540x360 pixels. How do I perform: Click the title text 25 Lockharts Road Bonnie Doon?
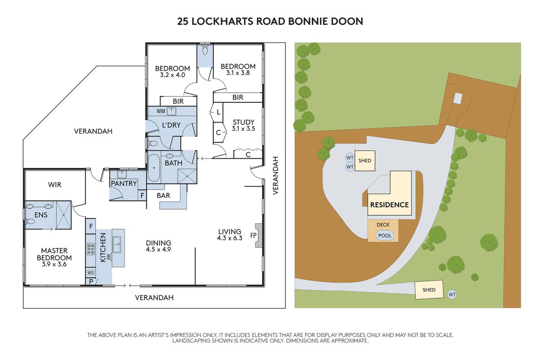point(270,21)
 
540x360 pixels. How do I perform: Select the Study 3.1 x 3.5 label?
point(243,125)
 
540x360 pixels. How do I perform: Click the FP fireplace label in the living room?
point(253,235)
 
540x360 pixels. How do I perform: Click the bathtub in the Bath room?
point(154,168)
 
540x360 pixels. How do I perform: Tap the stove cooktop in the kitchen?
point(90,249)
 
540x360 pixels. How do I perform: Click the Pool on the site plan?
point(384,235)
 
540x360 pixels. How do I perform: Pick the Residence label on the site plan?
point(389,205)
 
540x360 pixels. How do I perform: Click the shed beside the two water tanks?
point(364,161)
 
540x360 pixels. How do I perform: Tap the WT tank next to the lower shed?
point(452,294)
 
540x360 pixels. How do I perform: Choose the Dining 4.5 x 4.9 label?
point(158,245)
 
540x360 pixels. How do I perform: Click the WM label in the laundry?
point(160,111)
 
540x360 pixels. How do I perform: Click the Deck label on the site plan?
point(383,225)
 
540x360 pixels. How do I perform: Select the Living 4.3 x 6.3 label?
point(229,235)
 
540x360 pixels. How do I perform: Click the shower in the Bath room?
point(187,175)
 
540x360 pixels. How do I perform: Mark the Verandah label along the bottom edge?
point(154,297)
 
